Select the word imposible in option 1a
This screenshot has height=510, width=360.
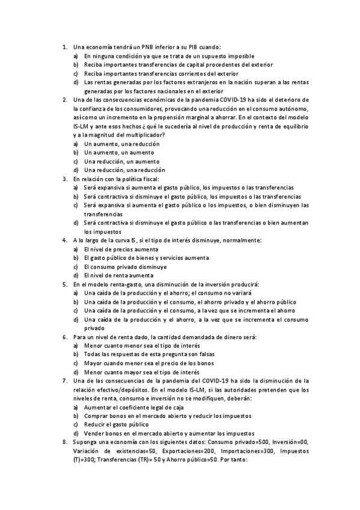pos(240,55)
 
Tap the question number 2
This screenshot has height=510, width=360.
pos(64,99)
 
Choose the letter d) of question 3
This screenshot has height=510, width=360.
pos(76,223)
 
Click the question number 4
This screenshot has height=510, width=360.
pos(64,240)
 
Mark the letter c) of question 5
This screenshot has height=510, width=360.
pos(76,310)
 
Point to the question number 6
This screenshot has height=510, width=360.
pos(64,337)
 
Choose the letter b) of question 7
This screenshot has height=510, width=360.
pos(76,416)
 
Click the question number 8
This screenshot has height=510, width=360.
pos(64,442)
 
